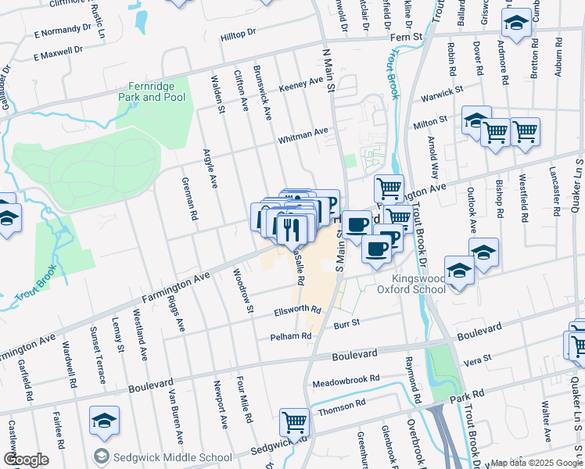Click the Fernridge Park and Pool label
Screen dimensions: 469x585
point(152,92)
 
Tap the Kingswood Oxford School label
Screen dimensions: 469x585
point(411,282)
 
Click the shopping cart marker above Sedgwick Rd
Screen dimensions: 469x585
point(294,421)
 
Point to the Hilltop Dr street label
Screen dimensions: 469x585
point(238,34)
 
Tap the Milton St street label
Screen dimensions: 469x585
point(430,121)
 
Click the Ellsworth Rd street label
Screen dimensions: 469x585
point(297,310)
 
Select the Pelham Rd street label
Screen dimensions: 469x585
point(290,336)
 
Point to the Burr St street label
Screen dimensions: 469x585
point(346,323)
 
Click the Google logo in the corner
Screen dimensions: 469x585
point(26,460)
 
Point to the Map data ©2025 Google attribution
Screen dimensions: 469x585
point(537,463)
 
